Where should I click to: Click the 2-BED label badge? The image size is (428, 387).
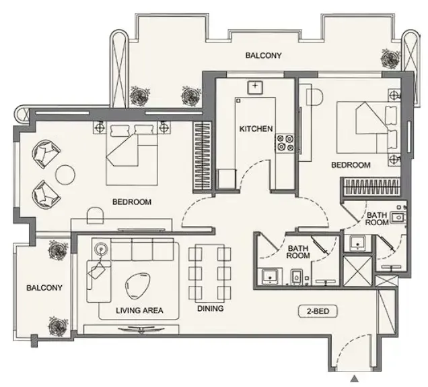click(x=318, y=311)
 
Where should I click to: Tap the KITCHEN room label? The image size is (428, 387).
click(x=256, y=129)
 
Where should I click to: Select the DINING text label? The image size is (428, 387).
click(x=211, y=309)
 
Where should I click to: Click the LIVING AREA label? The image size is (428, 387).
click(x=139, y=310)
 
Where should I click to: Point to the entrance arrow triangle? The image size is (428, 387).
click(x=355, y=379)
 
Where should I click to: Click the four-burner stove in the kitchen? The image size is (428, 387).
click(x=285, y=144)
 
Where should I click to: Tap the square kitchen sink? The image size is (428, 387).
click(x=255, y=88)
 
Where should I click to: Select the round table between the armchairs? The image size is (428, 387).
click(x=65, y=175)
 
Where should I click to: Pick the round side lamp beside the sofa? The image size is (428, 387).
click(x=101, y=249)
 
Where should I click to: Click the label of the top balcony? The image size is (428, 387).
click(x=263, y=55)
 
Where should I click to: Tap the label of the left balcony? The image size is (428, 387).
click(x=44, y=288)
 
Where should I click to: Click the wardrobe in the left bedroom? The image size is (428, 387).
click(x=203, y=156)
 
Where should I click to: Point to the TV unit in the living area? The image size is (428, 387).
click(x=131, y=329)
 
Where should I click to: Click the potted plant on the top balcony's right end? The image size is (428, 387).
click(x=389, y=58)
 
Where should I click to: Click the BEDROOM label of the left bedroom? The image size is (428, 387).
click(x=132, y=202)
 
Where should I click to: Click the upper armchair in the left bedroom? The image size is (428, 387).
click(x=46, y=154)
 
